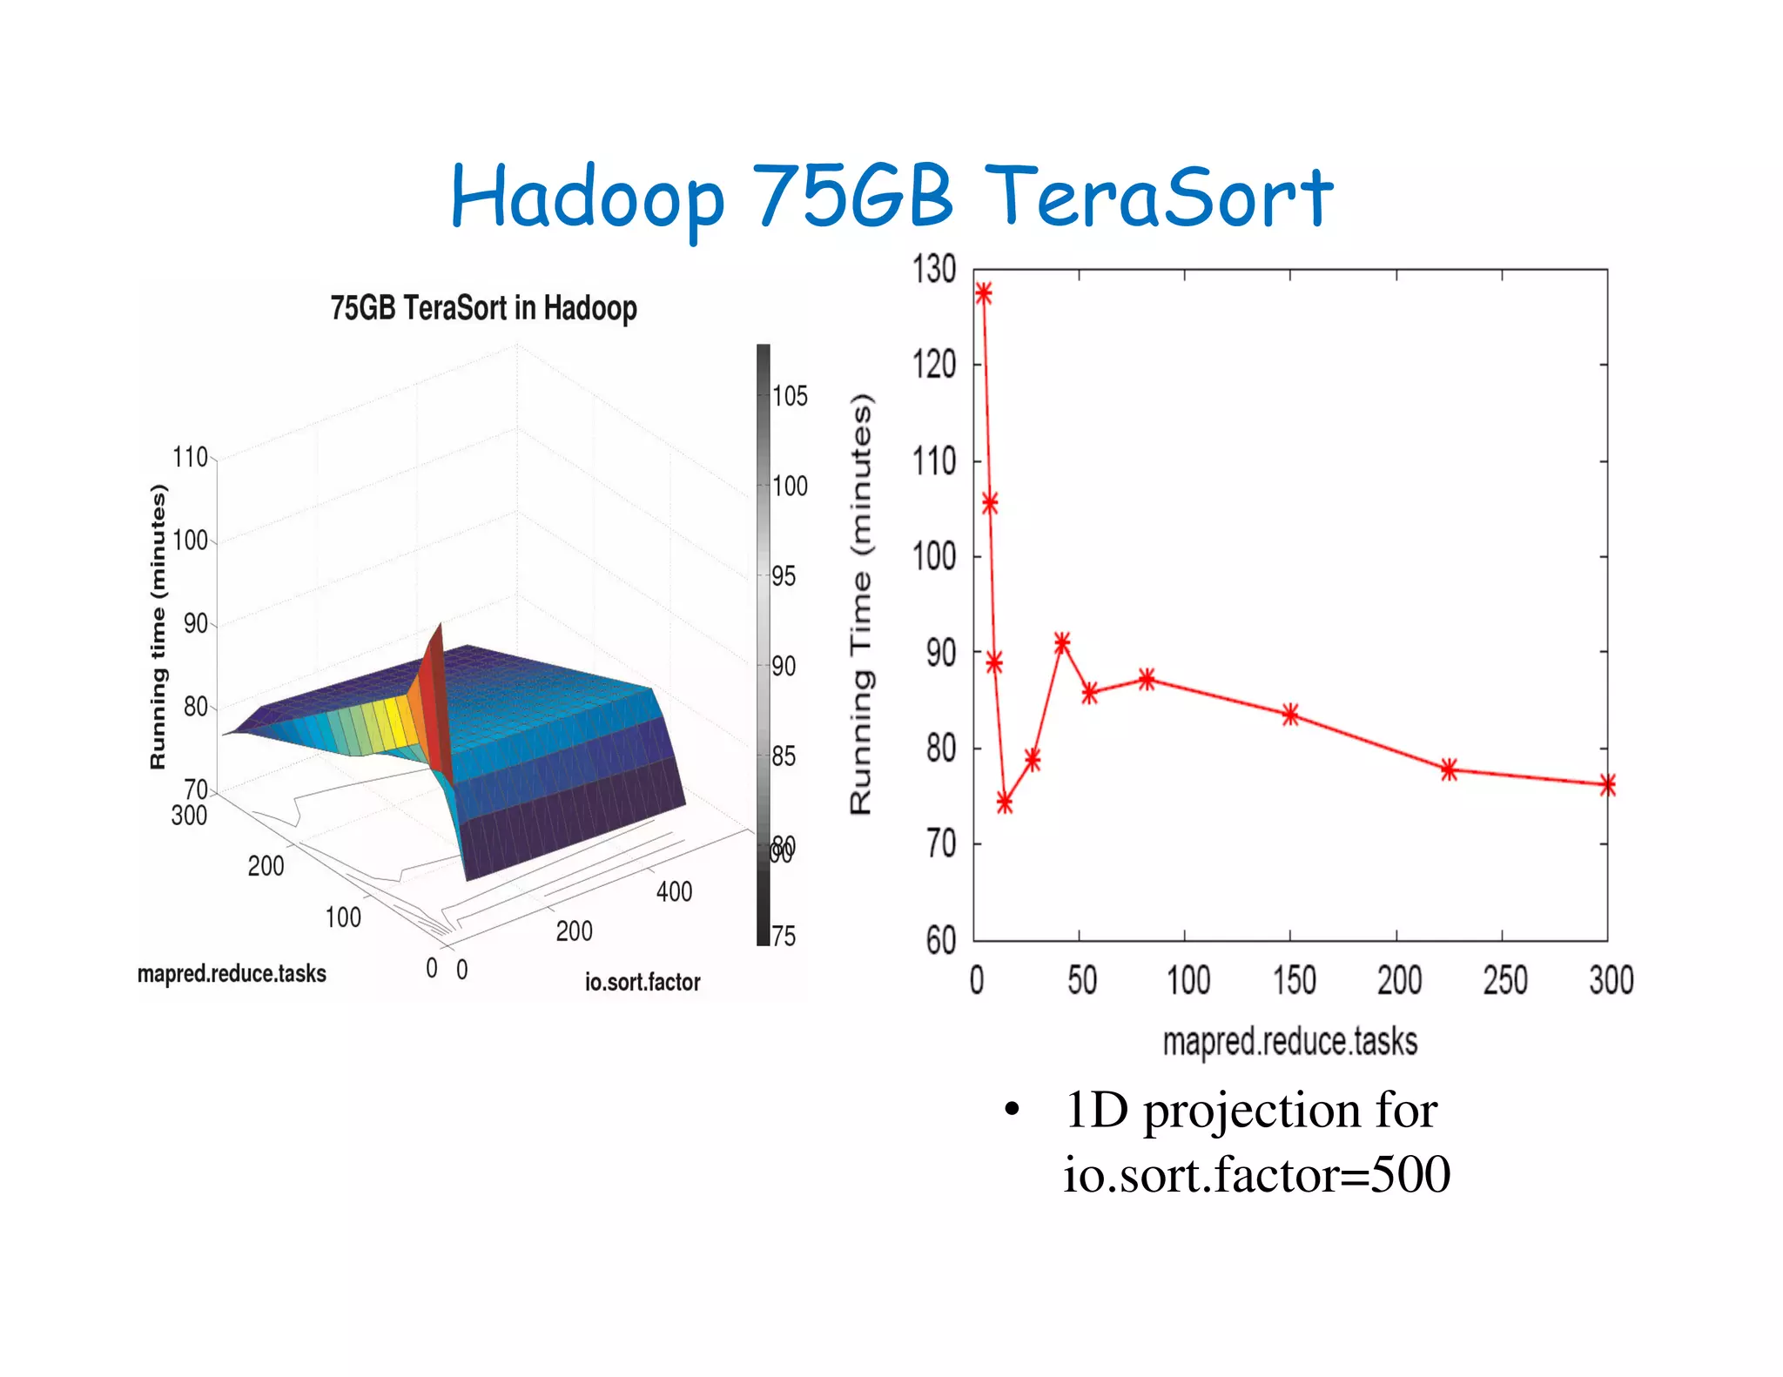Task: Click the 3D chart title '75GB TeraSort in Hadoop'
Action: [483, 308]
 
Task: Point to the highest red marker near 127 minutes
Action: [983, 293]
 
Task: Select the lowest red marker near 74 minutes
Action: [1005, 803]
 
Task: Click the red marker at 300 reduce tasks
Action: [1607, 785]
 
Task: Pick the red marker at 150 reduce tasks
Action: [1290, 715]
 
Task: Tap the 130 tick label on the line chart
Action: [934, 270]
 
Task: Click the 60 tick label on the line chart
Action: [940, 941]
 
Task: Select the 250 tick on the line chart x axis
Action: [1505, 981]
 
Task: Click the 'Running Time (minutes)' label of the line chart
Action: [861, 604]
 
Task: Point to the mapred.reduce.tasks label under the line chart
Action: [1289, 1042]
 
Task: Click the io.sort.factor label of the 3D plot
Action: [642, 983]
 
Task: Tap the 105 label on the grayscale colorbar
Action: [790, 397]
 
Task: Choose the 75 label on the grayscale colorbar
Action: [784, 937]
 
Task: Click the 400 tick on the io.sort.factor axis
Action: [674, 892]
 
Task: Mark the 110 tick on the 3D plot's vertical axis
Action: [190, 458]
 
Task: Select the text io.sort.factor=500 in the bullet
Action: [1256, 1175]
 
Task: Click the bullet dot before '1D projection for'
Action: [1011, 1111]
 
